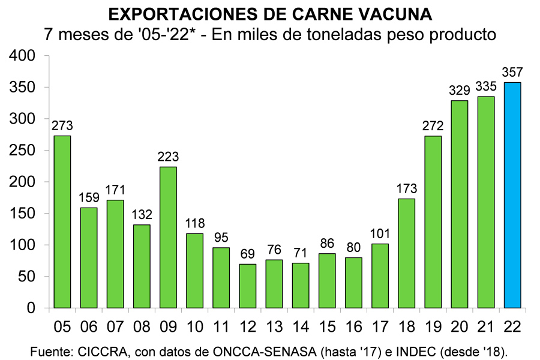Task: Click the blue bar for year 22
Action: click(512, 195)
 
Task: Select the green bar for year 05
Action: click(62, 222)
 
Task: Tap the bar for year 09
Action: click(168, 237)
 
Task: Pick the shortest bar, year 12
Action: click(247, 286)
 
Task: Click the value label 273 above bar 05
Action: click(62, 126)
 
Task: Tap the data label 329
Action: click(459, 91)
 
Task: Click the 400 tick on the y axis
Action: click(23, 56)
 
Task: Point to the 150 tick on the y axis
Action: click(23, 214)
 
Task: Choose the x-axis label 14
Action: click(300, 326)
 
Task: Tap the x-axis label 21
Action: click(485, 326)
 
